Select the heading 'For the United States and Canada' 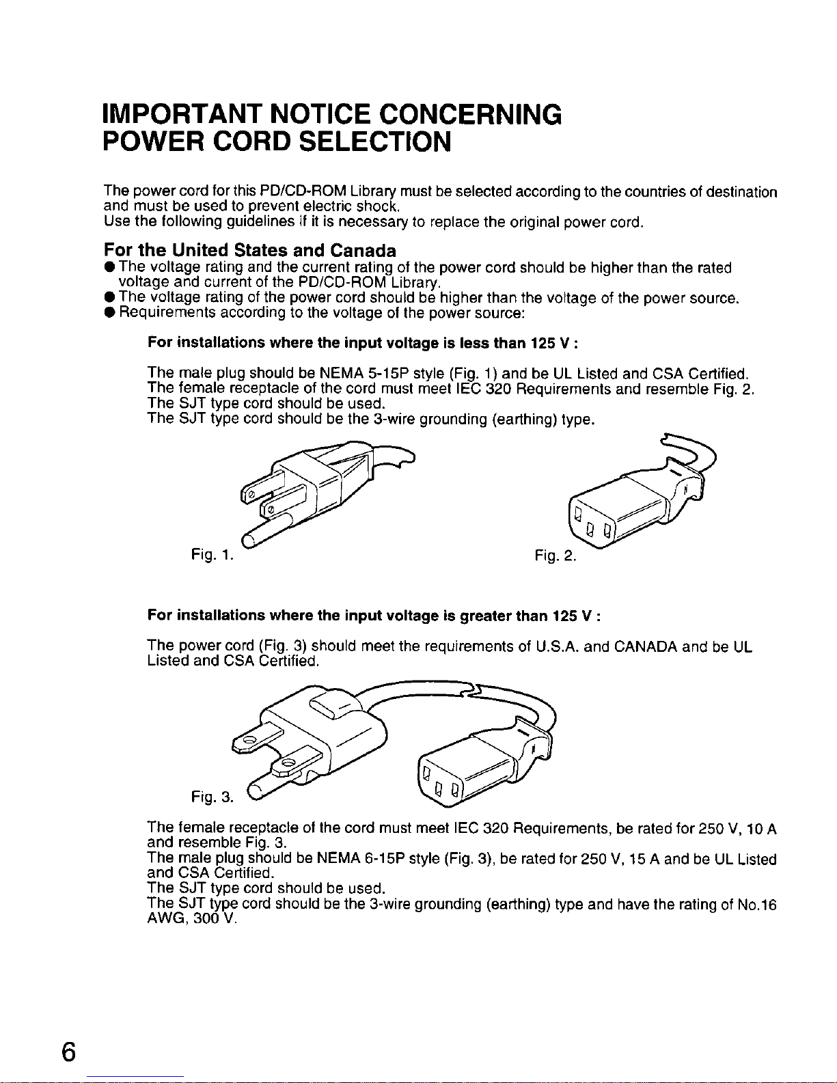click(x=250, y=250)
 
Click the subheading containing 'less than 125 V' click(x=363, y=342)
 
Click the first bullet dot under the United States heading click(x=109, y=267)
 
